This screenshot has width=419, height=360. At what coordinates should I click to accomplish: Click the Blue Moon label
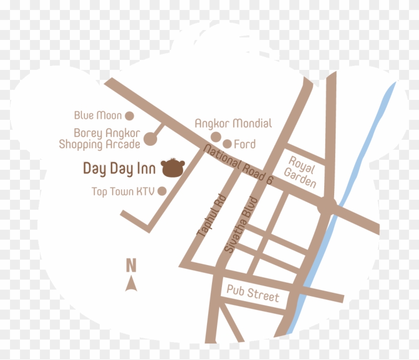click(x=98, y=116)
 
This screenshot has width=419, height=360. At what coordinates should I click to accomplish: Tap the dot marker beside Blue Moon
click(x=129, y=116)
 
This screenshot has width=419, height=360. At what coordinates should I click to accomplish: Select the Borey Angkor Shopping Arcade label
click(x=100, y=139)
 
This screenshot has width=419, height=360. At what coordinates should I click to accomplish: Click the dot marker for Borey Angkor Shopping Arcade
click(x=150, y=141)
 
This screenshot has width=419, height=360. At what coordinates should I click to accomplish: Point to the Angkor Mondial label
click(x=233, y=123)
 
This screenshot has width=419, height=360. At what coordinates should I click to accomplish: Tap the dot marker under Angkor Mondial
click(x=216, y=137)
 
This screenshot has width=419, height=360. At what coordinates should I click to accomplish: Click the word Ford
click(x=244, y=144)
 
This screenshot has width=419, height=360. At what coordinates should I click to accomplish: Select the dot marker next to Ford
click(x=227, y=144)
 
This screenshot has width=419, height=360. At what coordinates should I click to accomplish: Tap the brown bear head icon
click(x=174, y=168)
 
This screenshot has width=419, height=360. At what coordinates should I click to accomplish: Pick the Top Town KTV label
click(x=123, y=191)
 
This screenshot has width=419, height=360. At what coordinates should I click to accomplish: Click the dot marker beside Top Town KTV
click(x=162, y=191)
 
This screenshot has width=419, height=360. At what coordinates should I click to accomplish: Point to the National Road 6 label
click(x=239, y=165)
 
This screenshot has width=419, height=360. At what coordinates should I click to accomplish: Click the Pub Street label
click(x=253, y=293)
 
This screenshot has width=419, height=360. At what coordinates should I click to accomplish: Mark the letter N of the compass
click(x=131, y=265)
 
